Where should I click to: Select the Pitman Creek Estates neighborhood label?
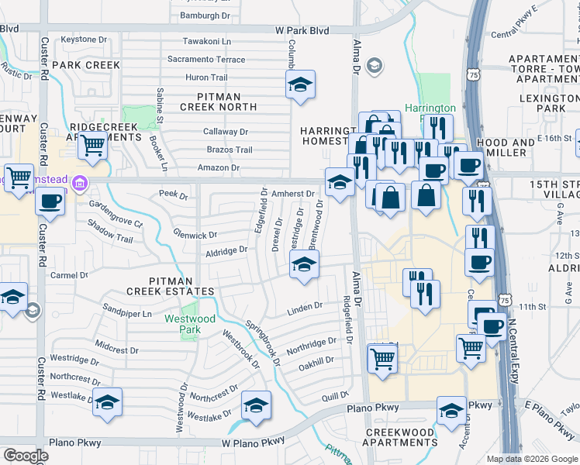click(x=171, y=291)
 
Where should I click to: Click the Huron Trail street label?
click(x=206, y=77)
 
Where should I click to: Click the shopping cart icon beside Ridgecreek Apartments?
click(x=93, y=144)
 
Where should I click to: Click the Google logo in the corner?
click(x=26, y=456)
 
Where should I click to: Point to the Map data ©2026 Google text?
click(x=533, y=459)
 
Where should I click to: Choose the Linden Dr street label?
click(x=305, y=308)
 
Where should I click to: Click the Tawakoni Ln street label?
click(x=207, y=41)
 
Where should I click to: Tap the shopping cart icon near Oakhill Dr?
click(x=381, y=359)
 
